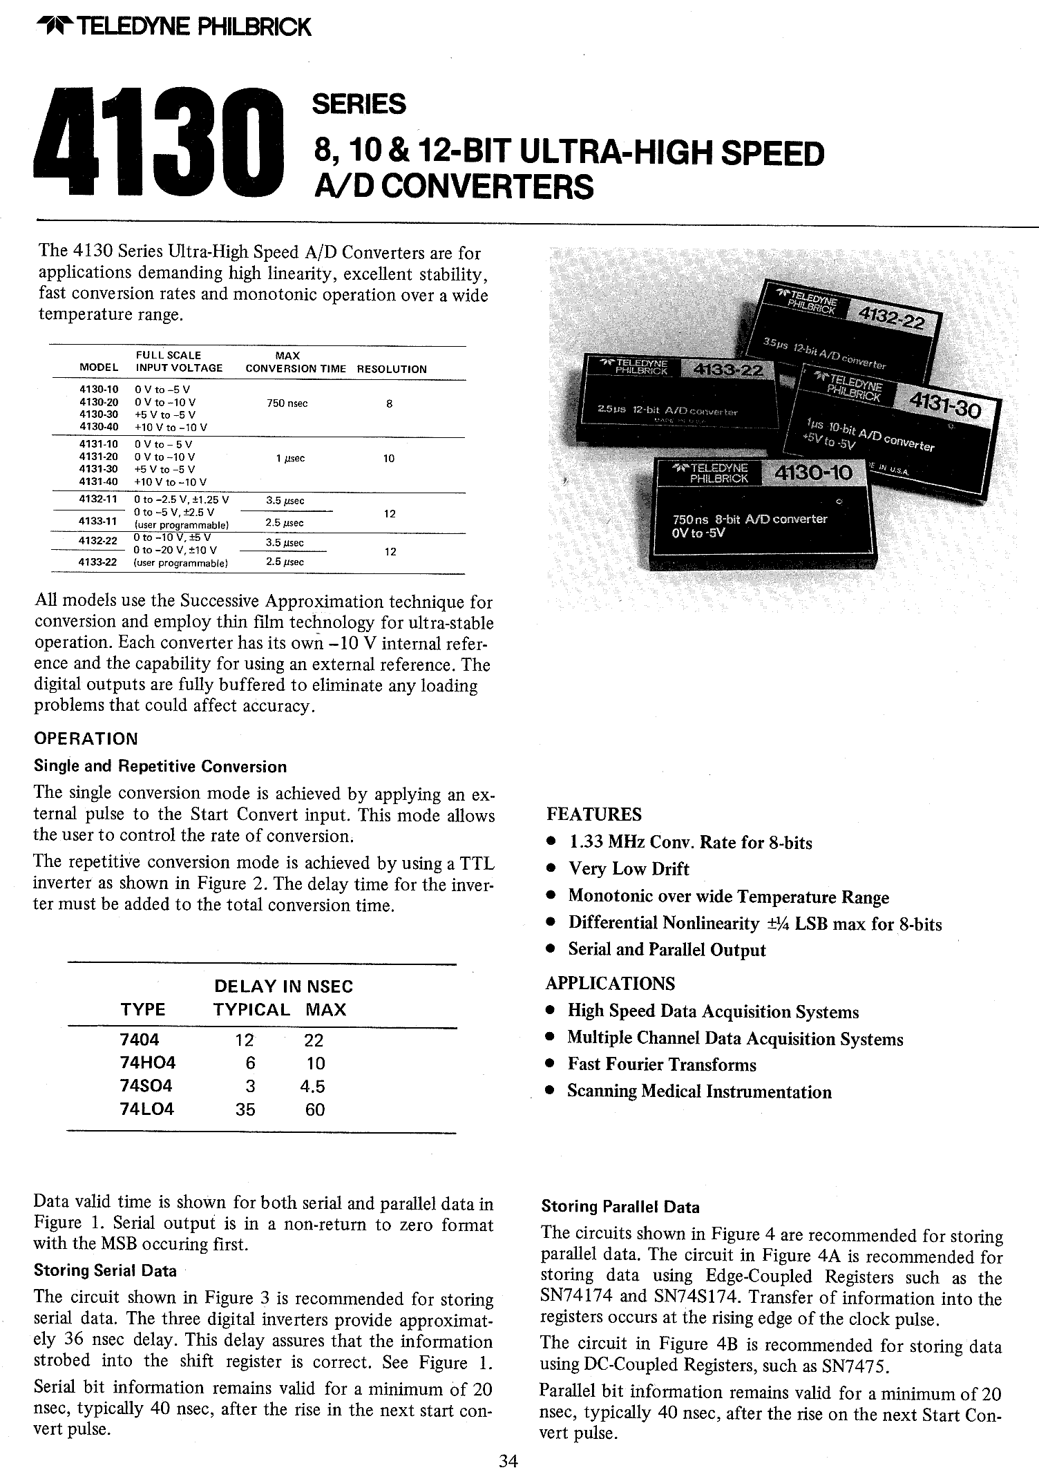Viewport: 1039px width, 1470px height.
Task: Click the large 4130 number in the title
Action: (x=159, y=142)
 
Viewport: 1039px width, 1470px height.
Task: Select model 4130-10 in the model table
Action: (x=99, y=390)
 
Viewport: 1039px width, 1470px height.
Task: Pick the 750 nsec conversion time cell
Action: (x=287, y=403)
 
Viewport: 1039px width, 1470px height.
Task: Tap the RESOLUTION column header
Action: (x=392, y=369)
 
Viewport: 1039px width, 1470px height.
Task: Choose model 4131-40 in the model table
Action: (x=99, y=482)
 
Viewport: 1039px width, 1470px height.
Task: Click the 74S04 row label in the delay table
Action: (x=146, y=1086)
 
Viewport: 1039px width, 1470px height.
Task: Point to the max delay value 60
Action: (x=315, y=1109)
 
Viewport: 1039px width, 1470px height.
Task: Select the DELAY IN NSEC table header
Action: (x=283, y=986)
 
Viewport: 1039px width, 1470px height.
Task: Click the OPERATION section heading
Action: (x=86, y=738)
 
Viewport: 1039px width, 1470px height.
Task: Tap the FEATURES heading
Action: (x=593, y=814)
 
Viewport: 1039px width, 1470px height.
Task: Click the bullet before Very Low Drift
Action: (x=551, y=870)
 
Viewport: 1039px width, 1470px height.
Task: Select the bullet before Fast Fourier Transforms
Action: (x=551, y=1065)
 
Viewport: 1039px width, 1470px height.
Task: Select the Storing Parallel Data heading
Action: (x=620, y=1207)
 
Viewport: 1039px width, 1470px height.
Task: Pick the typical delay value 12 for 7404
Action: (x=245, y=1040)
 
